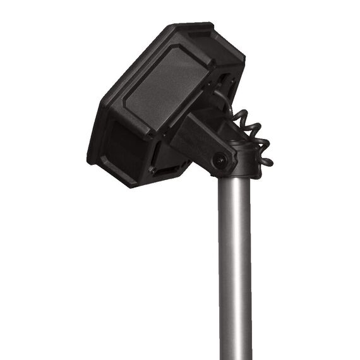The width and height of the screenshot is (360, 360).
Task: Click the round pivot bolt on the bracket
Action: [220, 160]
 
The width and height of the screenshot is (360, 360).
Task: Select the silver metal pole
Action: [234, 265]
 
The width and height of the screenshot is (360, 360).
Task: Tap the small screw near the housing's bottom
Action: [152, 169]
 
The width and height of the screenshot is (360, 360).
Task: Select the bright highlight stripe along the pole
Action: [229, 265]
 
